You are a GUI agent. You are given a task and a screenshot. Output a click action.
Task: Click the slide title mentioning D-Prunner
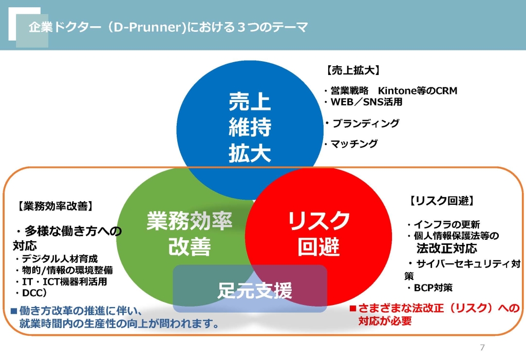168,27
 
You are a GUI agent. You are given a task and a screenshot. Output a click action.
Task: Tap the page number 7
482,347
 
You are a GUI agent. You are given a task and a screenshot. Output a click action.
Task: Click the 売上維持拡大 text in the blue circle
250,127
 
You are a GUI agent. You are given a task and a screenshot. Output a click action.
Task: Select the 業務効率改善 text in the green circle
190,233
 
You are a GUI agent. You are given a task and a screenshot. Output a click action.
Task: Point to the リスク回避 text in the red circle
318,233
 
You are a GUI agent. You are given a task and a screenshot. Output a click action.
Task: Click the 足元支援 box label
255,290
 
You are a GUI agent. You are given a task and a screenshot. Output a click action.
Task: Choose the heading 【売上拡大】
353,70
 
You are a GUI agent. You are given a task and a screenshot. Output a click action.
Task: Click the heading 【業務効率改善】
55,206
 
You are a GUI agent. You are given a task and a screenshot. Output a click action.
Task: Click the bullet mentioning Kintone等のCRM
390,90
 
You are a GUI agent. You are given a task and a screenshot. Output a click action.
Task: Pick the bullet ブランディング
362,123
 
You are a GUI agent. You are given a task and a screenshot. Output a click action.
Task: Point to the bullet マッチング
351,143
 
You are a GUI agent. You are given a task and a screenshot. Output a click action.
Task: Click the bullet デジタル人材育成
56,259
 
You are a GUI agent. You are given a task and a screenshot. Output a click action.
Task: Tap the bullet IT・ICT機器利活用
61,281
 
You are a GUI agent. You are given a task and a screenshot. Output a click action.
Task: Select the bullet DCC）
31,293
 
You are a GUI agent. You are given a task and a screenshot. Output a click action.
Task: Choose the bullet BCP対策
430,288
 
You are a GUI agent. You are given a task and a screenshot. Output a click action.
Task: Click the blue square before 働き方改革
14,311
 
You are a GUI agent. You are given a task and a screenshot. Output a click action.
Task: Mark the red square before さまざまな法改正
352,308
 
